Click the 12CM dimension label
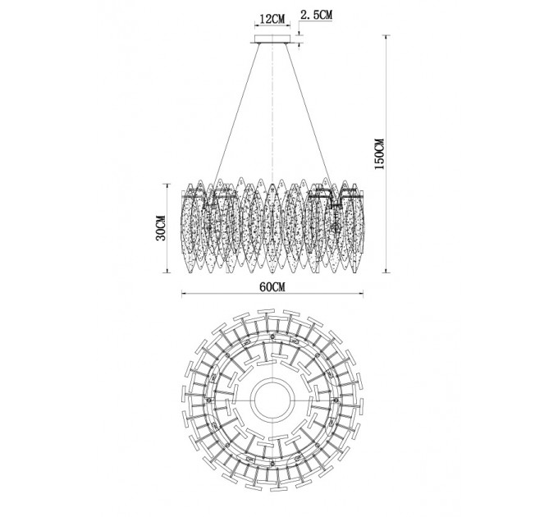pyautogui.click(x=272, y=19)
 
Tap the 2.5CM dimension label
pyautogui.click(x=317, y=15)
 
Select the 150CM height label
pyautogui.click(x=380, y=153)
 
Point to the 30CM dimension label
pyautogui.click(x=161, y=228)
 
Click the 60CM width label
pyautogui.click(x=272, y=286)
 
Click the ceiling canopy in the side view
pyautogui.click(x=272, y=39)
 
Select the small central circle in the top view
pyautogui.click(x=272, y=399)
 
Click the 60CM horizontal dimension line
pyautogui.click(x=272, y=294)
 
